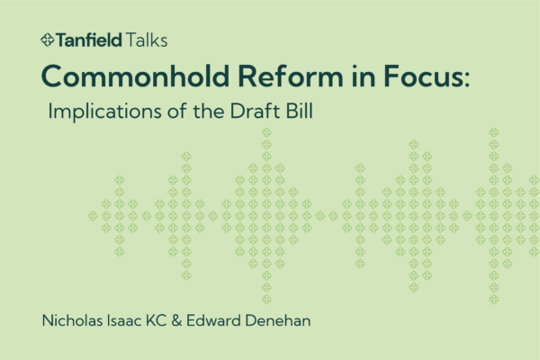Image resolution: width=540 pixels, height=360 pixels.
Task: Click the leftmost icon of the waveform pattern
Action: point(92,215)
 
